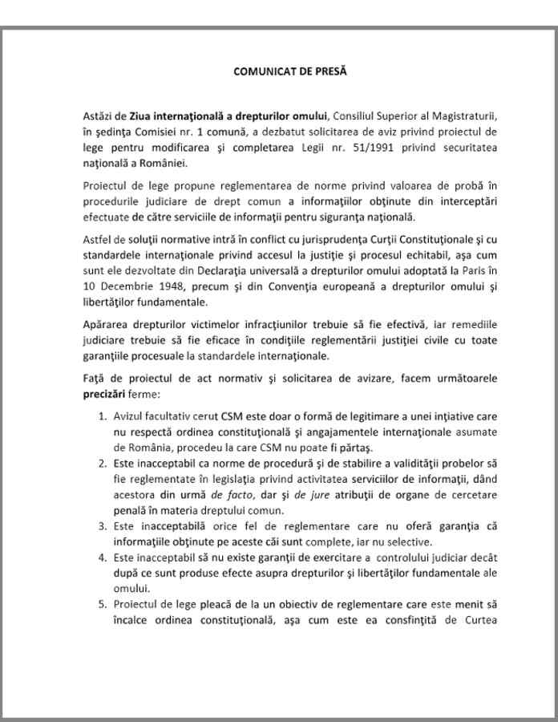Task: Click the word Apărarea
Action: tap(107, 333)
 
